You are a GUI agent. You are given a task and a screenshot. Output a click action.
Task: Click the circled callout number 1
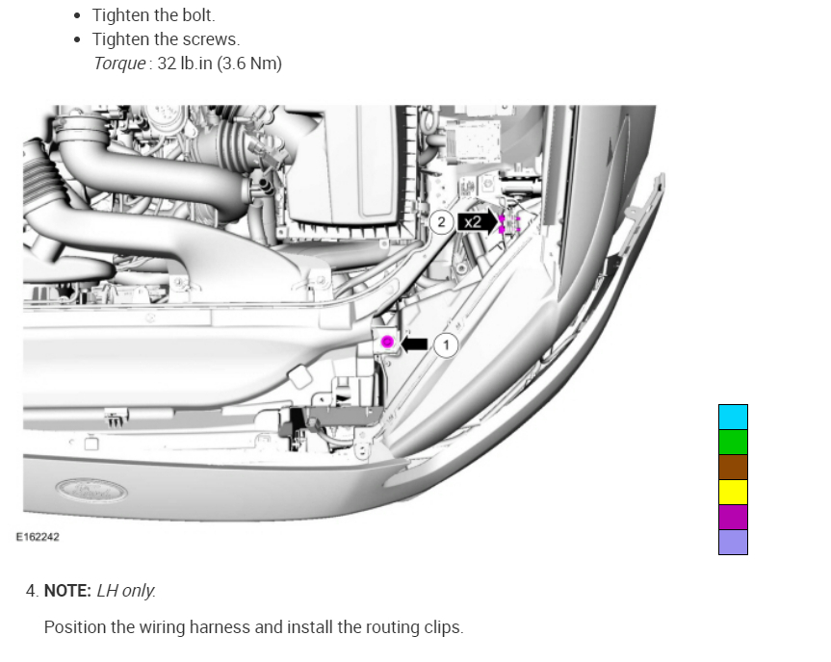[445, 344]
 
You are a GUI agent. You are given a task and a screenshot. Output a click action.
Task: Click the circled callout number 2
[441, 222]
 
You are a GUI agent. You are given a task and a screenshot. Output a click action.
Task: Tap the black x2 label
[473, 222]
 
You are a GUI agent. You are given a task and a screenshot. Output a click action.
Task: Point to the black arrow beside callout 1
[414, 343]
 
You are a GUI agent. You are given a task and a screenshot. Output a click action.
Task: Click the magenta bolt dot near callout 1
[387, 342]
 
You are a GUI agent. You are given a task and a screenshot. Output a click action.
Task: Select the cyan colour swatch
[733, 417]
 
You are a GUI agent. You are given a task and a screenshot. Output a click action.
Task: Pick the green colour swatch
[733, 442]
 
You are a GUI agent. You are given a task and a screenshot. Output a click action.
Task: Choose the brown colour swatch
[733, 467]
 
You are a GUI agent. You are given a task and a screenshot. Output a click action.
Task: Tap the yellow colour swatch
[733, 492]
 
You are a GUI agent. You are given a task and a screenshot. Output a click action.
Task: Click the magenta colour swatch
[733, 517]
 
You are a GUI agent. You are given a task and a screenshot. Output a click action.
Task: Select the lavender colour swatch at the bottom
[733, 542]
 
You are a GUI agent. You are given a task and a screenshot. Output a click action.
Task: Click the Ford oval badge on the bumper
[91, 489]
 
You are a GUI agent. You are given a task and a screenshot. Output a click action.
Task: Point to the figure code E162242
[38, 537]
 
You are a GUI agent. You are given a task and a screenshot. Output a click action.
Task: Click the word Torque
[119, 64]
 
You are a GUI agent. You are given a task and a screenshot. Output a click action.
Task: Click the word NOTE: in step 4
[66, 591]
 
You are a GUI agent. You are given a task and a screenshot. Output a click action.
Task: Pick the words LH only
[126, 591]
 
